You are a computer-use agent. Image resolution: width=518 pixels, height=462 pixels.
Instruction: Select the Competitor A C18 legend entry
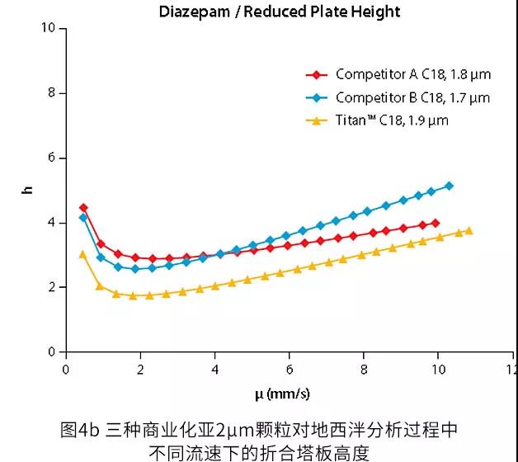(412, 74)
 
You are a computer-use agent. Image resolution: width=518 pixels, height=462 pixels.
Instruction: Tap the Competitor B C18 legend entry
(412, 98)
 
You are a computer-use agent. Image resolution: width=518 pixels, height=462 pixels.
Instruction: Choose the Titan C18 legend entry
(392, 121)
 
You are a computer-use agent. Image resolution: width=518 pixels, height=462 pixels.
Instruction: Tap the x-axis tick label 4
(215, 368)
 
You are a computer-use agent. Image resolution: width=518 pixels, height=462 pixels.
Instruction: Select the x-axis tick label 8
(364, 368)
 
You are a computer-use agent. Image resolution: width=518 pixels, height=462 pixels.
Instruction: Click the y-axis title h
(28, 190)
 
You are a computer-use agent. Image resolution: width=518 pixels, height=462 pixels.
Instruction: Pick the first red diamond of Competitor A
(83, 208)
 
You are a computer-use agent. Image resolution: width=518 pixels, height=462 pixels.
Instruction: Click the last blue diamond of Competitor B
(450, 186)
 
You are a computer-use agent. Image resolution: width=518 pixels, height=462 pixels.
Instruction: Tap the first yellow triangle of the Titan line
(82, 254)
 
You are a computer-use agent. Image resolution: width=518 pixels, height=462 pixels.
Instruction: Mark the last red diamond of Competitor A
(436, 223)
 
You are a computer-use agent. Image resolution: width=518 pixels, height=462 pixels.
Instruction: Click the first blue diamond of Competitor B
(83, 217)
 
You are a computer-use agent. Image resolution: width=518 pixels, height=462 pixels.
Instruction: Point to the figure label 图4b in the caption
(80, 430)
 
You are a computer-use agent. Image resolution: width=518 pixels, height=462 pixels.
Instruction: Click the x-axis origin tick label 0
(66, 368)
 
